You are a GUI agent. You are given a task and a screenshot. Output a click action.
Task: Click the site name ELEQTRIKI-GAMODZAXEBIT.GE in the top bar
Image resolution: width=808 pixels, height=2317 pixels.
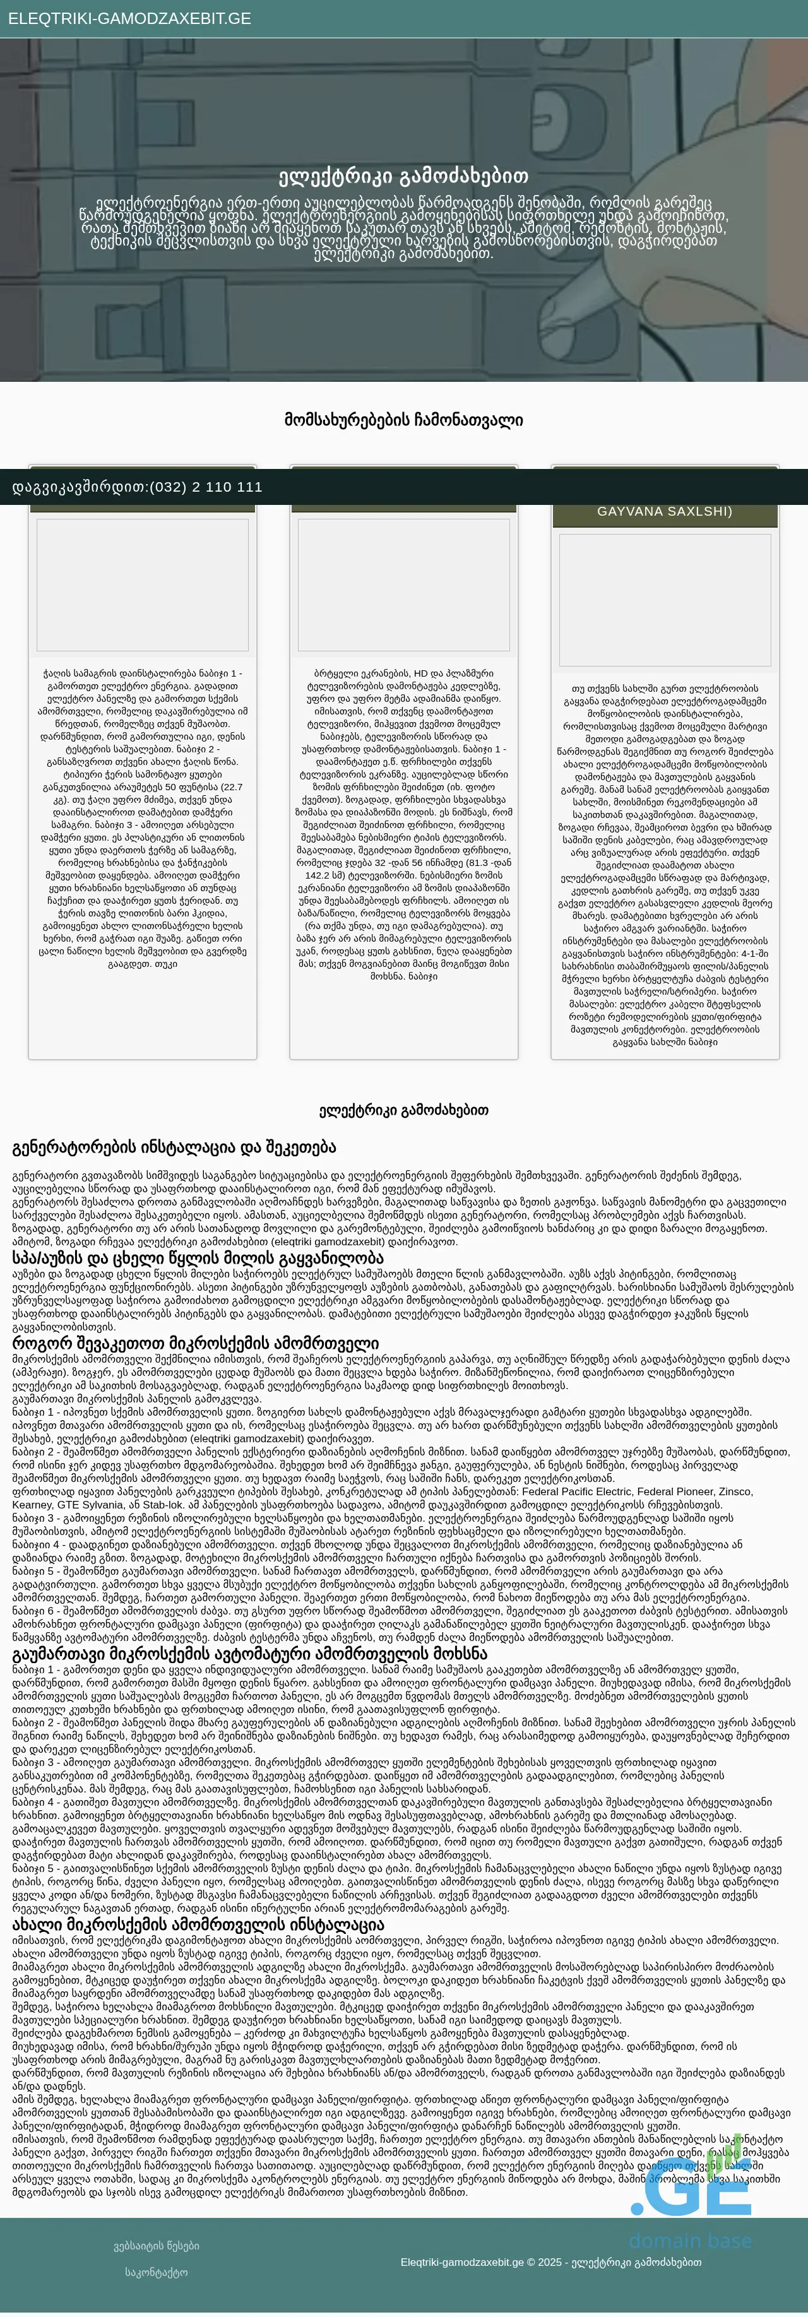coord(129,19)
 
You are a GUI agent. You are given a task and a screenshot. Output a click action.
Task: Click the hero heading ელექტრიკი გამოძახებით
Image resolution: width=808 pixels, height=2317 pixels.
coord(403,176)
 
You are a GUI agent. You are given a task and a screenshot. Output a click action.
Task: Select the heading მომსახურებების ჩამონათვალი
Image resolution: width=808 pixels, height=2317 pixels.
coord(403,420)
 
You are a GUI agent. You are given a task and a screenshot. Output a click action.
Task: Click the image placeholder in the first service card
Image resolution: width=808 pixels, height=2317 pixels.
coord(142,584)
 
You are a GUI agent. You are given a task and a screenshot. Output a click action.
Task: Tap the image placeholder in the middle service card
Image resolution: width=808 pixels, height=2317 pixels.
coord(403,584)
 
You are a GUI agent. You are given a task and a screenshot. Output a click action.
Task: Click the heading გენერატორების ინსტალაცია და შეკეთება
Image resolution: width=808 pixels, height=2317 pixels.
coord(174,1147)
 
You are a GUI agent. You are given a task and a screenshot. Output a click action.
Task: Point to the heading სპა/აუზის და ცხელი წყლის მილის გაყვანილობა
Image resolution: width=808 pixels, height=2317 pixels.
coord(198,1257)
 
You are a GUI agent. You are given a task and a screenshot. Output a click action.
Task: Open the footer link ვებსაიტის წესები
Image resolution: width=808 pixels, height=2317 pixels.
coord(157,2246)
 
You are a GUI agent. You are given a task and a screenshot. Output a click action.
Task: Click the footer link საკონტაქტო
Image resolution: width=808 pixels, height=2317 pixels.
coord(157,2272)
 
